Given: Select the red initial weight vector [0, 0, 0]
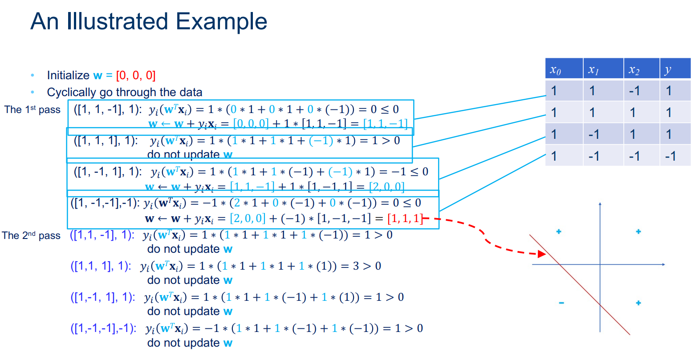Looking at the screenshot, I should point(135,76).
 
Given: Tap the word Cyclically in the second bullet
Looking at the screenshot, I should point(73,93).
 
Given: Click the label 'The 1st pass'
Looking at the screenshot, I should point(32,109).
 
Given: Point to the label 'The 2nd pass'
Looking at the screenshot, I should point(31,235).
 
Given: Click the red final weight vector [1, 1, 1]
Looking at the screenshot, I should point(405,218).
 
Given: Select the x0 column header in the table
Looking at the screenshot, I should point(555,69).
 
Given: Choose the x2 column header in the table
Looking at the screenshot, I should point(634,69).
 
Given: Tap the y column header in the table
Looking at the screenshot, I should point(667,69).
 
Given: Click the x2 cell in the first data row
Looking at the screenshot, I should point(634,91).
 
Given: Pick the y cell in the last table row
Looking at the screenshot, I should point(670,156).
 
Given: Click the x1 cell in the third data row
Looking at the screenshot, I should point(593,134).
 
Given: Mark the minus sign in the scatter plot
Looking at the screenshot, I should point(561,303).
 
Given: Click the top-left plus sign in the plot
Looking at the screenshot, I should point(559,231).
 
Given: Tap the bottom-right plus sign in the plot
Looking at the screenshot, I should point(638,303).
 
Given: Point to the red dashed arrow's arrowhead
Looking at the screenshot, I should point(542,254).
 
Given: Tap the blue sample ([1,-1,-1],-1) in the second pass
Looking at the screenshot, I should point(103,328).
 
